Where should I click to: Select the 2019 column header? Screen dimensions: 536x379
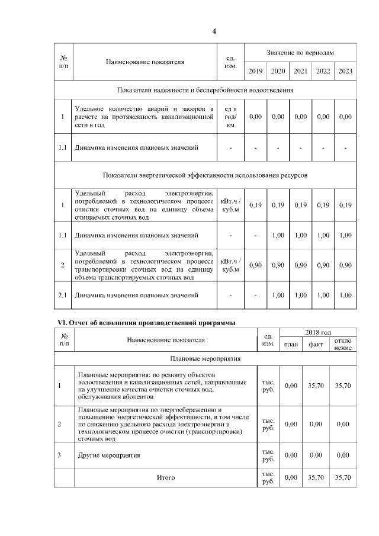[255, 71]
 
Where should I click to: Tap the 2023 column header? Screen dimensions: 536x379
[345, 71]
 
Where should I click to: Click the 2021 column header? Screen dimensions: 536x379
[300, 71]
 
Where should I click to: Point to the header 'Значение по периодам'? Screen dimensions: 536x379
[300, 53]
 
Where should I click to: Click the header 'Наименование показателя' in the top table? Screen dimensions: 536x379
[144, 62]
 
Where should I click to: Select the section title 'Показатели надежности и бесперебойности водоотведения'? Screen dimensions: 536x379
[205, 90]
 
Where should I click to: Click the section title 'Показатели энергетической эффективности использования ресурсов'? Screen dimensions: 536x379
[205, 175]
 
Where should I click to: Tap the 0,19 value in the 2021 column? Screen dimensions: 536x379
[300, 205]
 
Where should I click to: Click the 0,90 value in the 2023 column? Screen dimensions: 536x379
[345, 265]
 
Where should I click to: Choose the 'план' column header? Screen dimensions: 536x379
[291, 344]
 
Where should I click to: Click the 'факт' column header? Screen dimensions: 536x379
[316, 344]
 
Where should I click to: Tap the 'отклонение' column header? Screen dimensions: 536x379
[342, 344]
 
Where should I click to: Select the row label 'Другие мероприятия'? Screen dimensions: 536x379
[109, 455]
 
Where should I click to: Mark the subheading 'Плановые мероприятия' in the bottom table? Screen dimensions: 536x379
[205, 359]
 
